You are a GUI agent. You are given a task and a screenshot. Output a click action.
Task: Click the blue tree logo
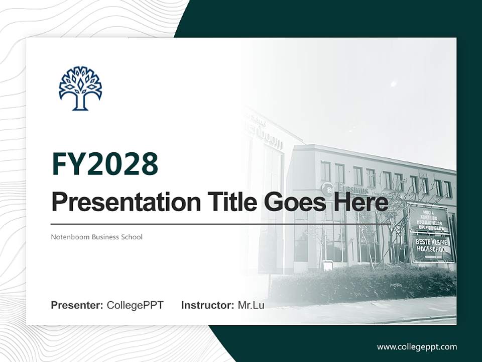tap(80, 88)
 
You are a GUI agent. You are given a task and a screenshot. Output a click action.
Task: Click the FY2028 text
tap(105, 163)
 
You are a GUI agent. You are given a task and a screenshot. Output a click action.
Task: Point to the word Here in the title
tap(361, 202)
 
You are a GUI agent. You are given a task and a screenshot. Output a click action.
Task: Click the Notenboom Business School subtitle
tap(96, 237)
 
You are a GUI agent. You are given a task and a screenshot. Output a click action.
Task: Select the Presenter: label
tap(77, 305)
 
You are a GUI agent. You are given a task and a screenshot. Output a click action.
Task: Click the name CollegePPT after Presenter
tap(135, 305)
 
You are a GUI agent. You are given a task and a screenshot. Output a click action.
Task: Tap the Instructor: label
tap(207, 305)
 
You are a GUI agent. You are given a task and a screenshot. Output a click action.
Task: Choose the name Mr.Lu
tap(251, 305)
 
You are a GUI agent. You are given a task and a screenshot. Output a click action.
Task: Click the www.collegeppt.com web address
tap(417, 347)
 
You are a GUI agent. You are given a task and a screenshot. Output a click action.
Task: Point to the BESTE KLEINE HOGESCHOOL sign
tap(433, 248)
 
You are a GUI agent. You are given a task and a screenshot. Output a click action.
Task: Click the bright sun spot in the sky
tap(393, 83)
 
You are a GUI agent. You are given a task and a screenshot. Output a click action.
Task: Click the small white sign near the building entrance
tap(327, 265)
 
